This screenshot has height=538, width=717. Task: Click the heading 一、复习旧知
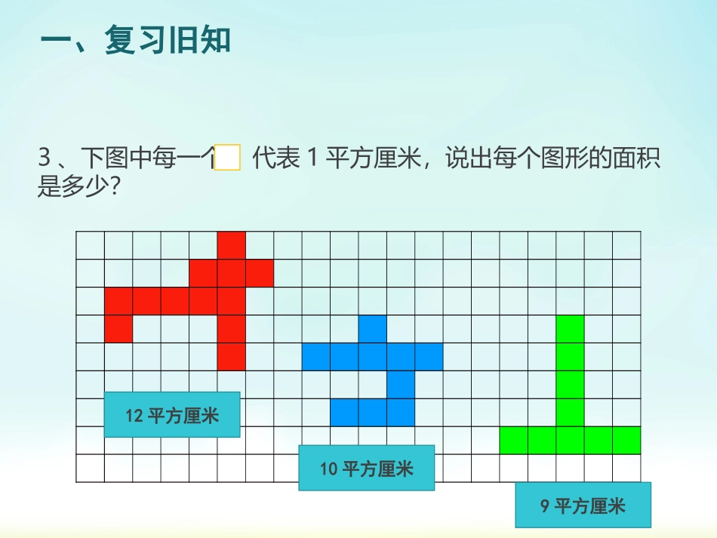click(x=135, y=42)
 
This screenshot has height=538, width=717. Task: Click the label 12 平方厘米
click(x=172, y=415)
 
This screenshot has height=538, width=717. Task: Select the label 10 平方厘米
click(x=367, y=469)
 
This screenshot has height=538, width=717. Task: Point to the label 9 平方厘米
click(x=583, y=506)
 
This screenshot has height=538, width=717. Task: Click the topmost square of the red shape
click(x=232, y=245)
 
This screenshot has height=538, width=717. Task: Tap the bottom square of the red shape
click(x=232, y=357)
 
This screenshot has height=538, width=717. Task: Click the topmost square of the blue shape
click(x=373, y=329)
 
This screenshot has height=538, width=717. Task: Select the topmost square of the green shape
click(x=571, y=329)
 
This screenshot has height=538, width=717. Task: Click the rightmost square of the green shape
click(x=626, y=441)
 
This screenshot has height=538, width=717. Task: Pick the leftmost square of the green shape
click(x=514, y=441)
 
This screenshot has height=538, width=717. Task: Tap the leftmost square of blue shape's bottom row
click(x=344, y=413)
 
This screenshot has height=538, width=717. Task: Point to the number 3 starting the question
click(x=44, y=159)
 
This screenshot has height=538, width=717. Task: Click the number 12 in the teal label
click(x=134, y=416)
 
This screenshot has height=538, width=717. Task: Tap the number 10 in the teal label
click(x=328, y=469)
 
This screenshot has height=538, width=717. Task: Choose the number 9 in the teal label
click(x=544, y=506)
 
